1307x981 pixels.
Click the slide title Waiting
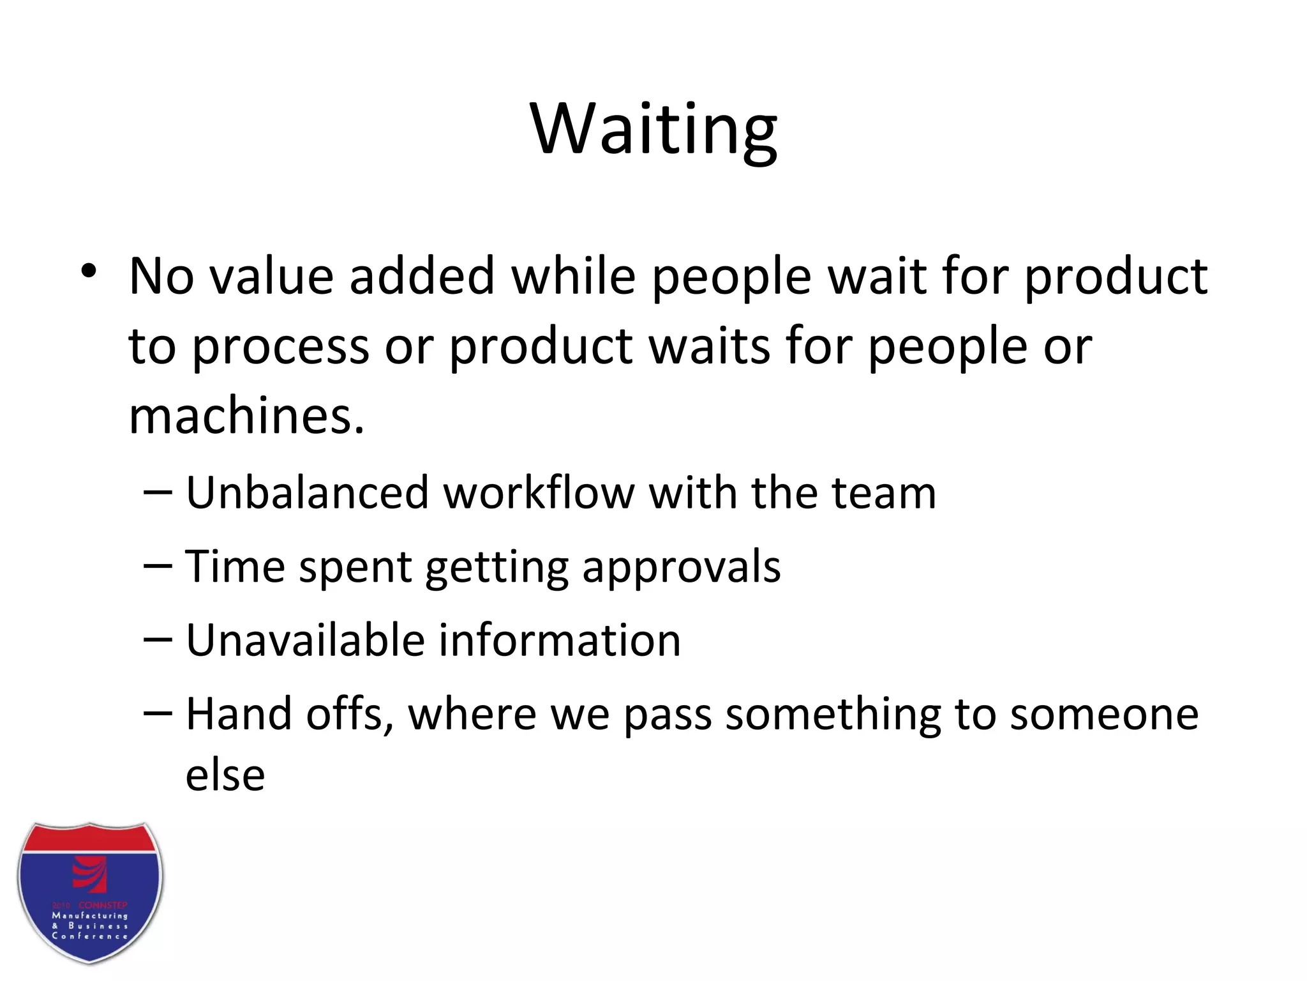(x=653, y=130)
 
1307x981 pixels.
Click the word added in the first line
(x=422, y=277)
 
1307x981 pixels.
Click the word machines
(x=246, y=416)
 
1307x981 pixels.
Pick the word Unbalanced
(x=307, y=493)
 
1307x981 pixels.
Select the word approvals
(x=681, y=567)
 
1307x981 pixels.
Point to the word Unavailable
(x=303, y=640)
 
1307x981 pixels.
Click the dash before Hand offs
(x=158, y=713)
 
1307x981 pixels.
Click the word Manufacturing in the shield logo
(x=90, y=915)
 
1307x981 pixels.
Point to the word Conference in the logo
(x=90, y=936)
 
